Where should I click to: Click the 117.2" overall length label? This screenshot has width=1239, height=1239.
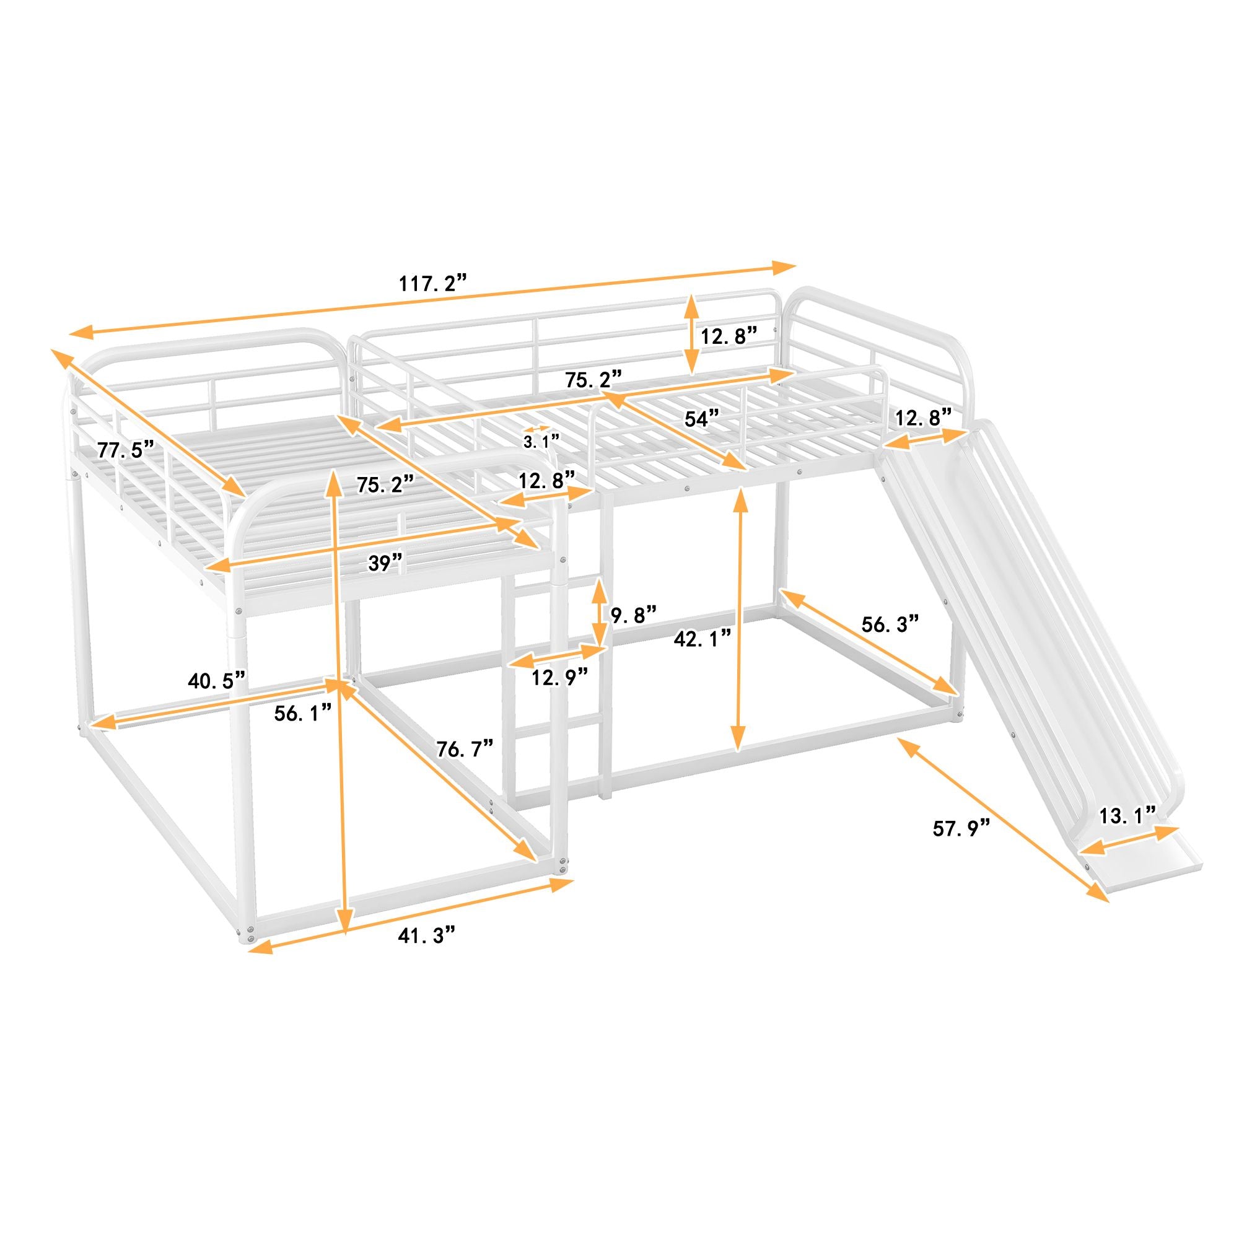(432, 283)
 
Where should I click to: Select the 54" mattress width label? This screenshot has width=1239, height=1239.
(703, 419)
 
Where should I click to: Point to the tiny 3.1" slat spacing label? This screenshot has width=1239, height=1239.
(541, 442)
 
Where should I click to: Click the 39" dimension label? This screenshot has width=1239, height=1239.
(385, 563)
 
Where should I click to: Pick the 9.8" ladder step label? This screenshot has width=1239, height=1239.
(633, 615)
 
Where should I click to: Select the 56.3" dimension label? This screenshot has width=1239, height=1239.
(890, 623)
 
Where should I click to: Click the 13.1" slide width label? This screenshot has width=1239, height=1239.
(1127, 816)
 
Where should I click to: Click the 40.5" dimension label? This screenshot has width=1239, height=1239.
(216, 680)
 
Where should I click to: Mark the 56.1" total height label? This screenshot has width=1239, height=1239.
(304, 712)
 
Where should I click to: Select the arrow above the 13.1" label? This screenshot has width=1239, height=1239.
(1129, 840)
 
